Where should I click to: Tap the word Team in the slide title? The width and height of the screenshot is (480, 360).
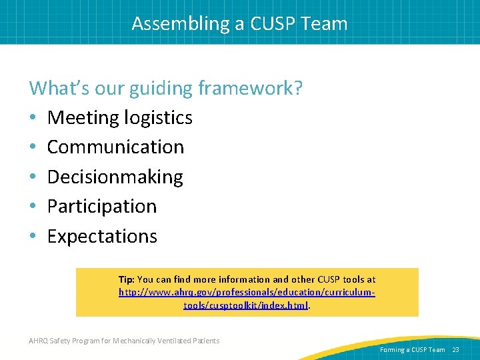point(324,23)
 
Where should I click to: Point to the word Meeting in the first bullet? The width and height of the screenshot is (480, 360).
point(83,118)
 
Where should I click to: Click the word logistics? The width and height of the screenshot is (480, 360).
point(158,118)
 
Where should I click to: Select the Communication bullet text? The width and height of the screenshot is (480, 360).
point(115,147)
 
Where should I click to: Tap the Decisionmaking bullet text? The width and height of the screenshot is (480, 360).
point(115,177)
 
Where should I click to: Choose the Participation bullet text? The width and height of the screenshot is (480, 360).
point(102,206)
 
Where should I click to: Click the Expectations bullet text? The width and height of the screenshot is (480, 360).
point(102,236)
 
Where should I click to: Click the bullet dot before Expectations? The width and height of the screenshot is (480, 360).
point(33,237)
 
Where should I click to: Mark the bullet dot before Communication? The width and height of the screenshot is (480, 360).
point(33,147)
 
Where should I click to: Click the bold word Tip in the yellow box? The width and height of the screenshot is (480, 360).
point(125,279)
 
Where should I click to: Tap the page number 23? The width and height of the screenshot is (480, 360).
point(456,349)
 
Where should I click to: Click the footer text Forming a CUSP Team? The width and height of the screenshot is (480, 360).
point(412,349)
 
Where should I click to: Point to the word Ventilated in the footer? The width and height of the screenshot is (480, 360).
point(174,341)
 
